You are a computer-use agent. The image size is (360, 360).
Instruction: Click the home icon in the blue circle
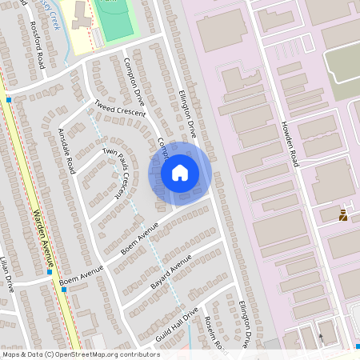click(180, 173)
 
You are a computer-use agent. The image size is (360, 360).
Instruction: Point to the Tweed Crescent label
click(120, 110)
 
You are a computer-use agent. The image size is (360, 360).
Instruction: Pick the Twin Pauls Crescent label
click(113, 170)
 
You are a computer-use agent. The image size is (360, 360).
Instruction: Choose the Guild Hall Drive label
click(177, 326)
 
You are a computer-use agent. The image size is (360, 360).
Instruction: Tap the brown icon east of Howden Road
click(344, 214)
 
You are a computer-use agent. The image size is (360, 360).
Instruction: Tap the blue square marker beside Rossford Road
click(8, 100)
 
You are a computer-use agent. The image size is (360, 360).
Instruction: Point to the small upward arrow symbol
click(322, 337)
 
